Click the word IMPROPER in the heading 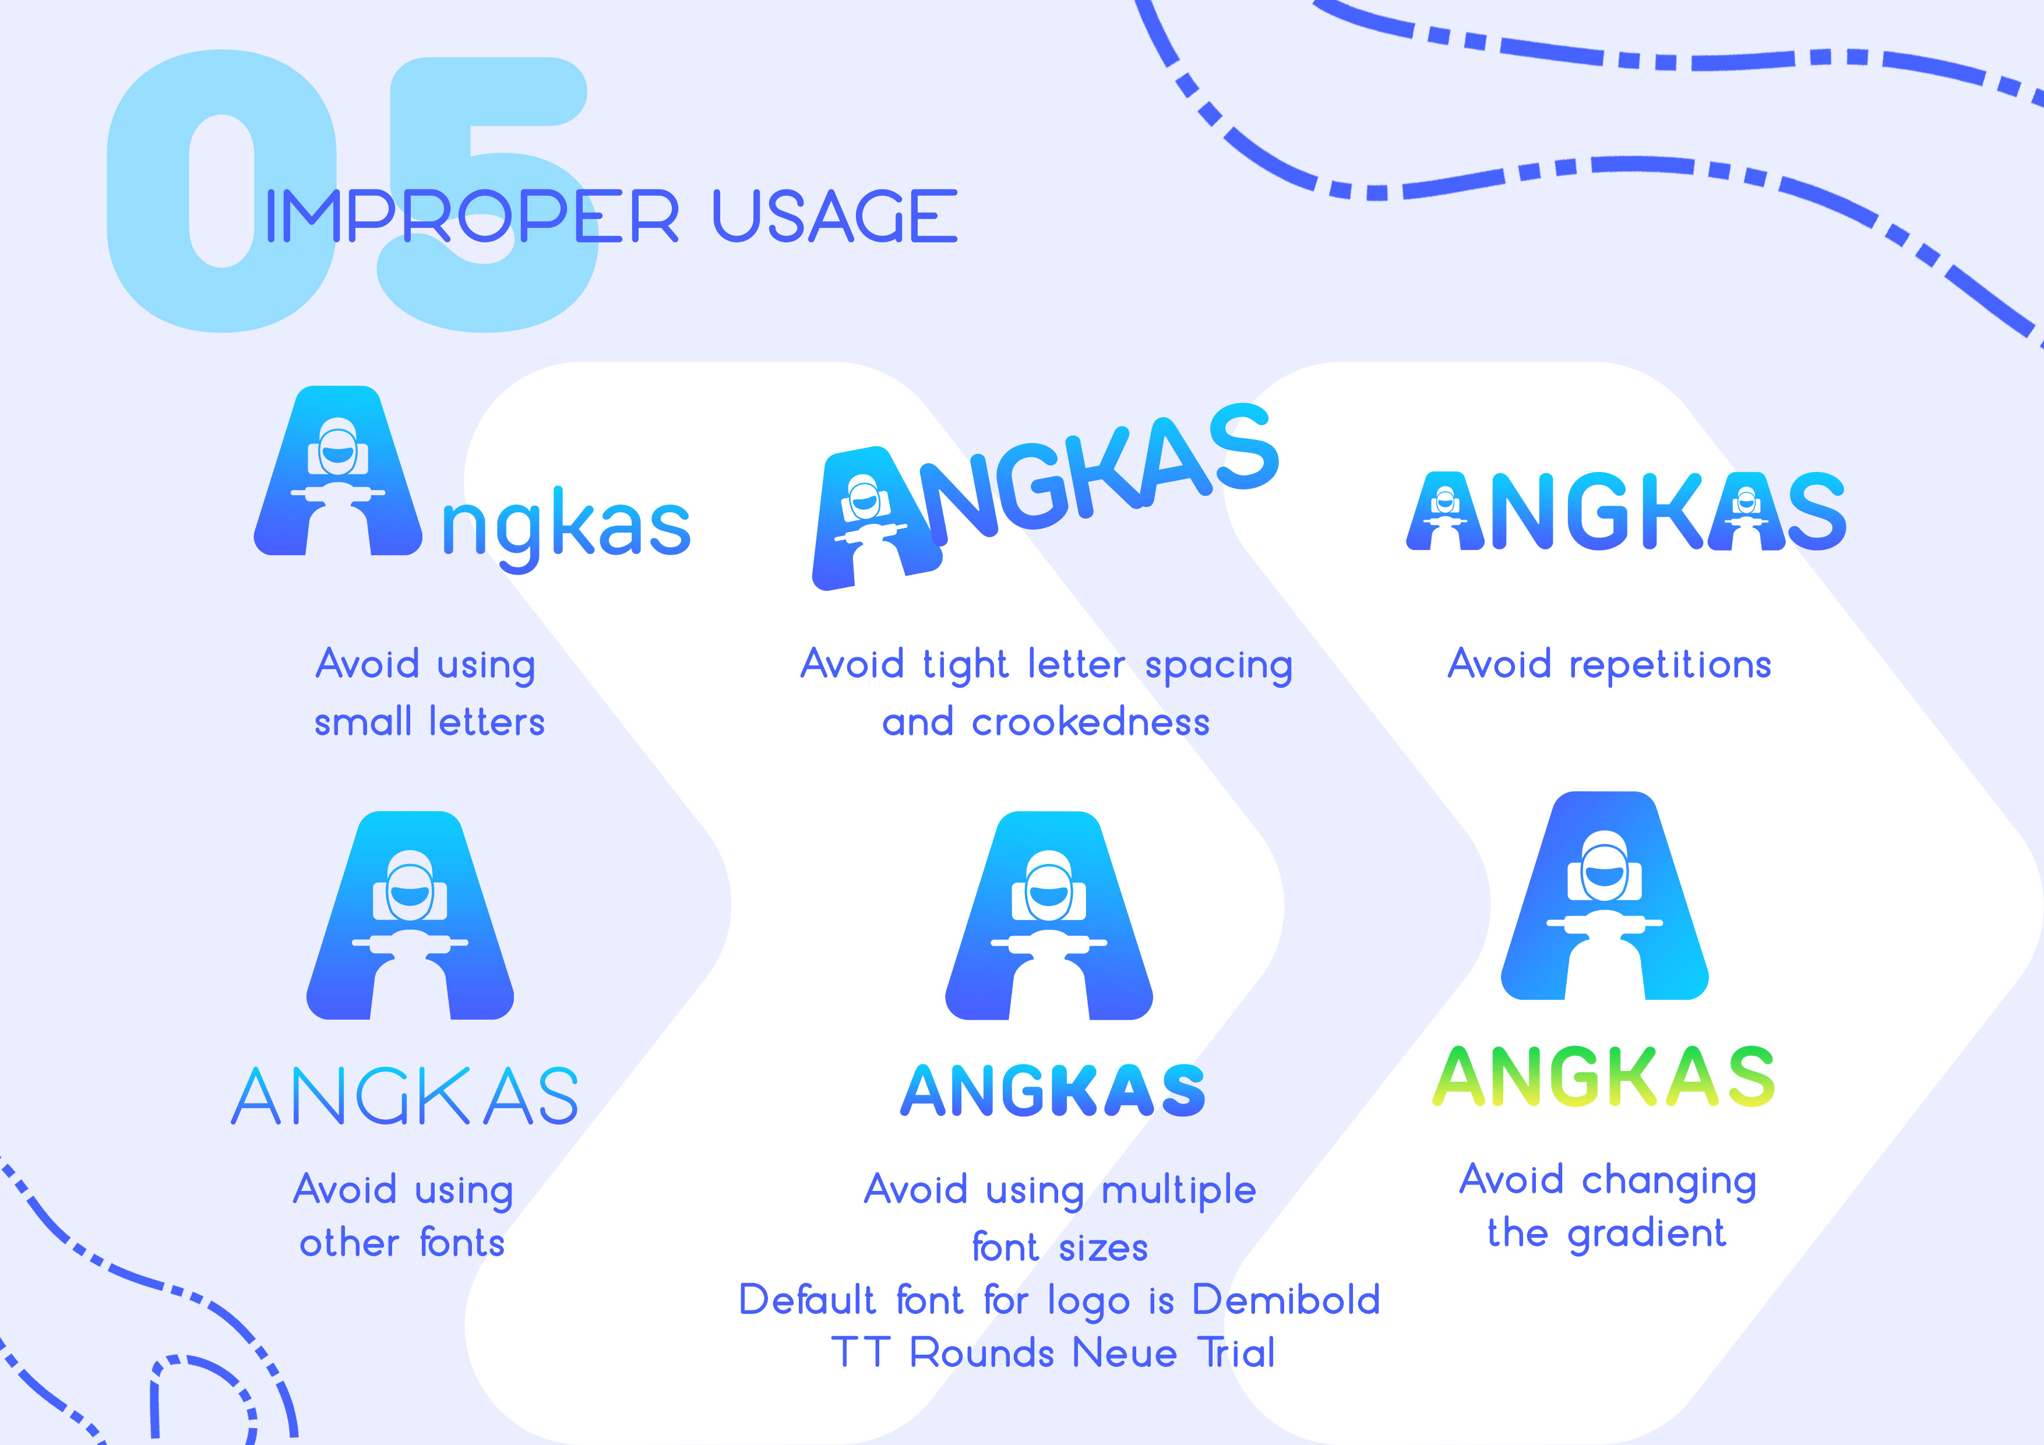[473, 216]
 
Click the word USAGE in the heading [835, 216]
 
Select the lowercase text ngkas [566, 528]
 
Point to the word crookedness [1091, 721]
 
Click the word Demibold [1287, 1300]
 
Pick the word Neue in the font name [1125, 1354]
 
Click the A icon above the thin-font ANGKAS [410, 915]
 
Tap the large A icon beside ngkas [339, 471]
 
